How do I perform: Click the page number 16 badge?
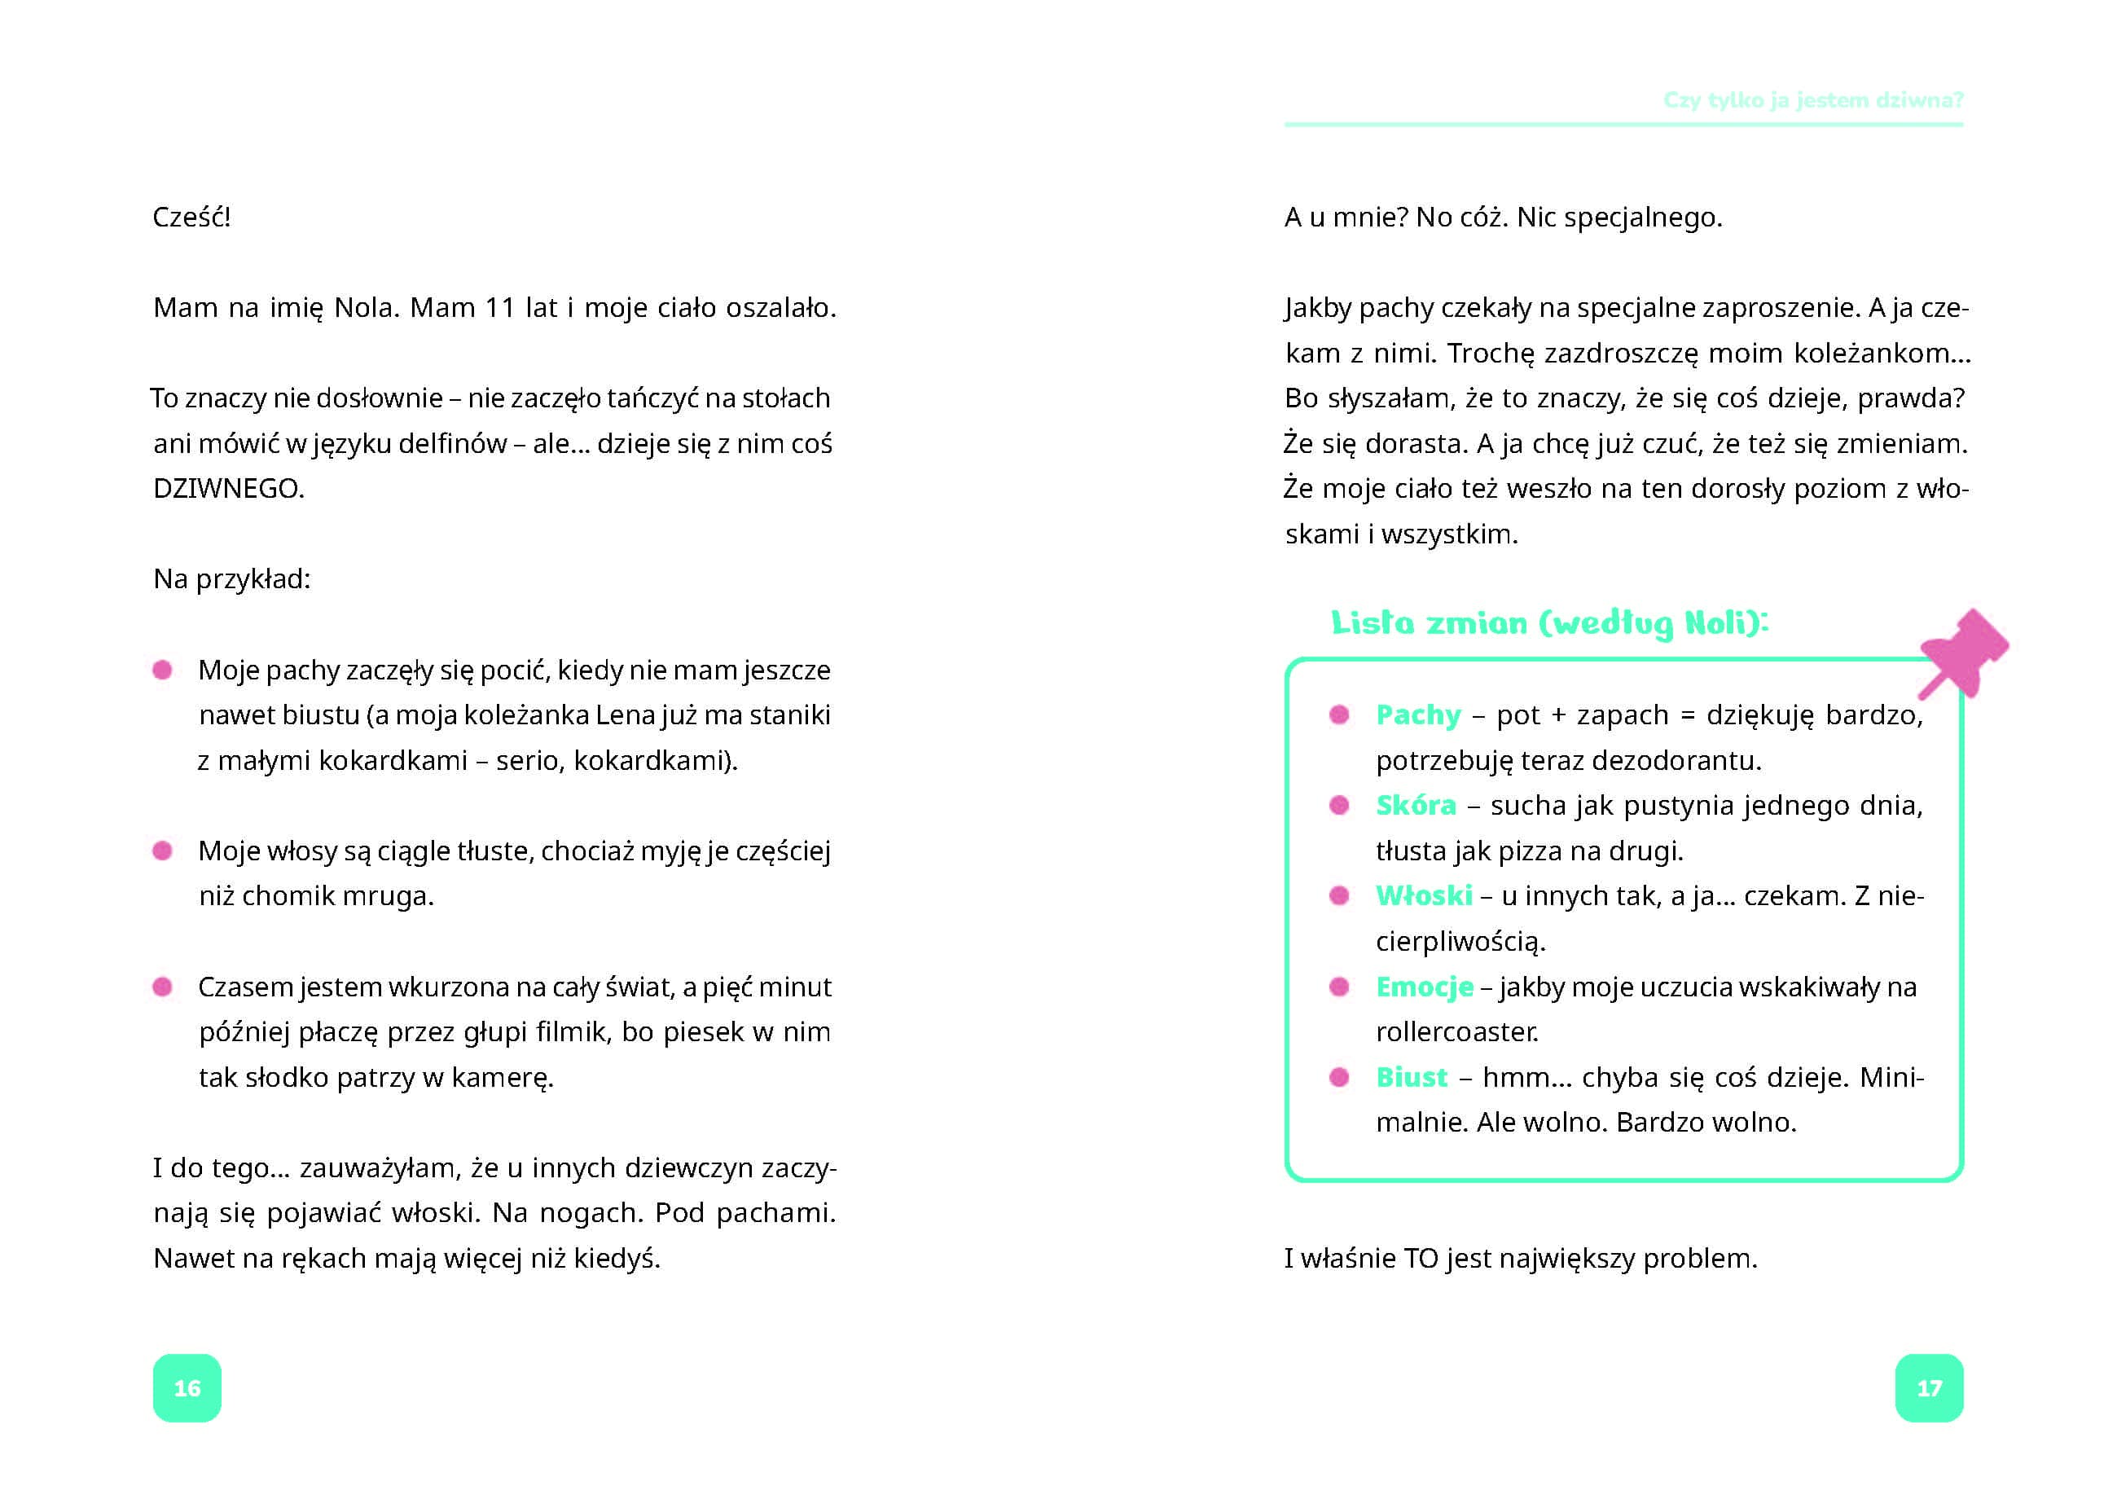pyautogui.click(x=187, y=1387)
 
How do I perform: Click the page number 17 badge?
pyautogui.click(x=1929, y=1387)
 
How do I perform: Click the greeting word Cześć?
pyautogui.click(x=191, y=218)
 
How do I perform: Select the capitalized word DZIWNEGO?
pyautogui.click(x=227, y=489)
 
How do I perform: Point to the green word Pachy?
pyautogui.click(x=1418, y=715)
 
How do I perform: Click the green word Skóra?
pyautogui.click(x=1415, y=805)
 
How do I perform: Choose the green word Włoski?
pyautogui.click(x=1423, y=896)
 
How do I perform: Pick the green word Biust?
pyautogui.click(x=1412, y=1077)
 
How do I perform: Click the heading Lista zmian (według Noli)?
pyautogui.click(x=1548, y=623)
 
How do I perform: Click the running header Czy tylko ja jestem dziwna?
pyautogui.click(x=1812, y=100)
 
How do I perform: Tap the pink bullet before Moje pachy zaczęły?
pyautogui.click(x=162, y=670)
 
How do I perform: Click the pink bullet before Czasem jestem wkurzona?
pyautogui.click(x=162, y=986)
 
